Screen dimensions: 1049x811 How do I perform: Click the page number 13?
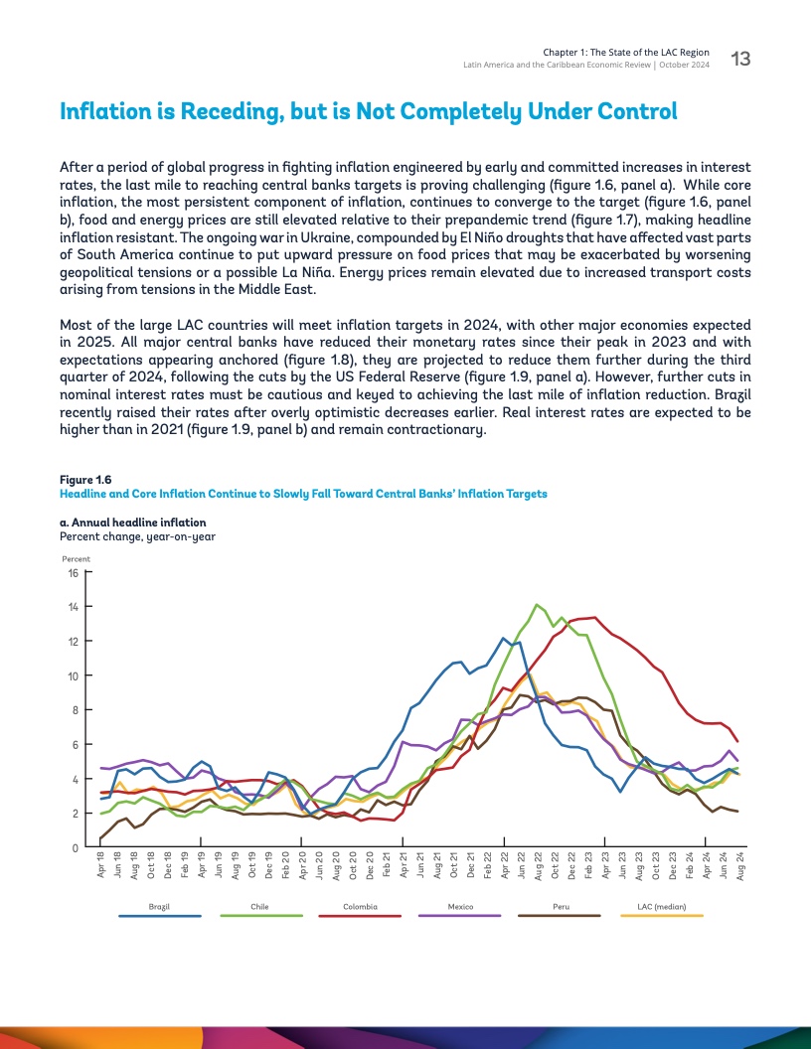[x=740, y=59]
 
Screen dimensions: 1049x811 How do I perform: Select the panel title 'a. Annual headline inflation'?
[x=133, y=522]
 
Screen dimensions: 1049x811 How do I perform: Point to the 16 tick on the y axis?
[x=72, y=572]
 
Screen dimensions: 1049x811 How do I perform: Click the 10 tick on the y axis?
[x=72, y=675]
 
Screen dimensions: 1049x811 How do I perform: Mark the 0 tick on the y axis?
[x=75, y=847]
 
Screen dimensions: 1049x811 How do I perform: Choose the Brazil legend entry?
[x=159, y=907]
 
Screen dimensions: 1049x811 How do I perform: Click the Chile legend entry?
[x=259, y=907]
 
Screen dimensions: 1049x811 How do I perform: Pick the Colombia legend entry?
[x=360, y=907]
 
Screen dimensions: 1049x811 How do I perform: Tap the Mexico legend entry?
[x=459, y=907]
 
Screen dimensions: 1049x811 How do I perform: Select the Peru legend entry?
[x=560, y=907]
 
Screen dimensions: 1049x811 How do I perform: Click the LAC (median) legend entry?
[x=660, y=907]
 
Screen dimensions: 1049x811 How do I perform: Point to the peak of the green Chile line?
[x=537, y=604]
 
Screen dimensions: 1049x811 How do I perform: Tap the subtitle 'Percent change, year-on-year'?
[x=138, y=536]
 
